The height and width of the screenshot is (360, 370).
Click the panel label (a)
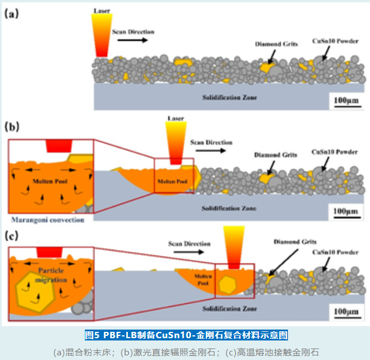tap(12, 13)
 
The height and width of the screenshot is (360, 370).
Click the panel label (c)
tap(12, 235)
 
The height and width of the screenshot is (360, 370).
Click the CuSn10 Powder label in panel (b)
tap(334, 152)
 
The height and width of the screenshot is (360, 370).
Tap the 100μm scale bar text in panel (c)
tap(345, 312)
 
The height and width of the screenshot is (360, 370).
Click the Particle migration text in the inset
tap(52, 276)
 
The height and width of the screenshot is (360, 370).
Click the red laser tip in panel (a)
tap(102, 52)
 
